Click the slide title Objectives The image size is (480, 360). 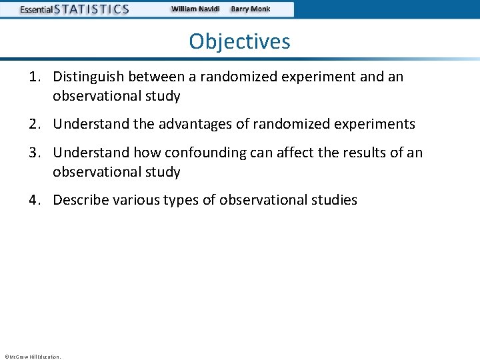[239, 41]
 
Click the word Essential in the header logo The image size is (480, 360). [36, 9]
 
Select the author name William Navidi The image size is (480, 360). [195, 9]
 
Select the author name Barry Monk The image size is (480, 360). [250, 9]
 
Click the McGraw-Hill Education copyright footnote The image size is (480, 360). [32, 357]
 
